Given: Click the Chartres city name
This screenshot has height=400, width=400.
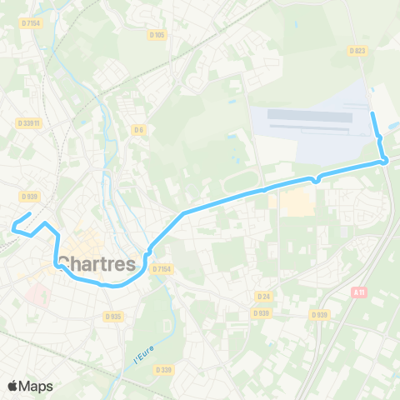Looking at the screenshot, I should (x=97, y=264).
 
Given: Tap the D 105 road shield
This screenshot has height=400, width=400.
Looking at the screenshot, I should (x=157, y=35).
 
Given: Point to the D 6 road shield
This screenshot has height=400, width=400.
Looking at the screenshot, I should (x=139, y=129).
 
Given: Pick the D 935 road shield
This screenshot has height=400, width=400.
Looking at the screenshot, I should (x=113, y=316).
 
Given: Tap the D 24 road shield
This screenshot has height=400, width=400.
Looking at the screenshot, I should (x=264, y=296).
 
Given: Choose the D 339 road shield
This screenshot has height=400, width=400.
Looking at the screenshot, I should (x=163, y=369).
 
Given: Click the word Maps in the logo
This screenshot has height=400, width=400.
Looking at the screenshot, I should (x=36, y=386).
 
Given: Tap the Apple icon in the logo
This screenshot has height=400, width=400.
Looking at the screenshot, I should (x=12, y=386).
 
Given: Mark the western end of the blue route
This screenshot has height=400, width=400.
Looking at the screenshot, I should (x=13, y=224).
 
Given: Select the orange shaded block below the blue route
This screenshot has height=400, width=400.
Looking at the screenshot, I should (x=296, y=202).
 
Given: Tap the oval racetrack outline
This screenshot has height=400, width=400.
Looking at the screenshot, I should (x=242, y=180).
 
